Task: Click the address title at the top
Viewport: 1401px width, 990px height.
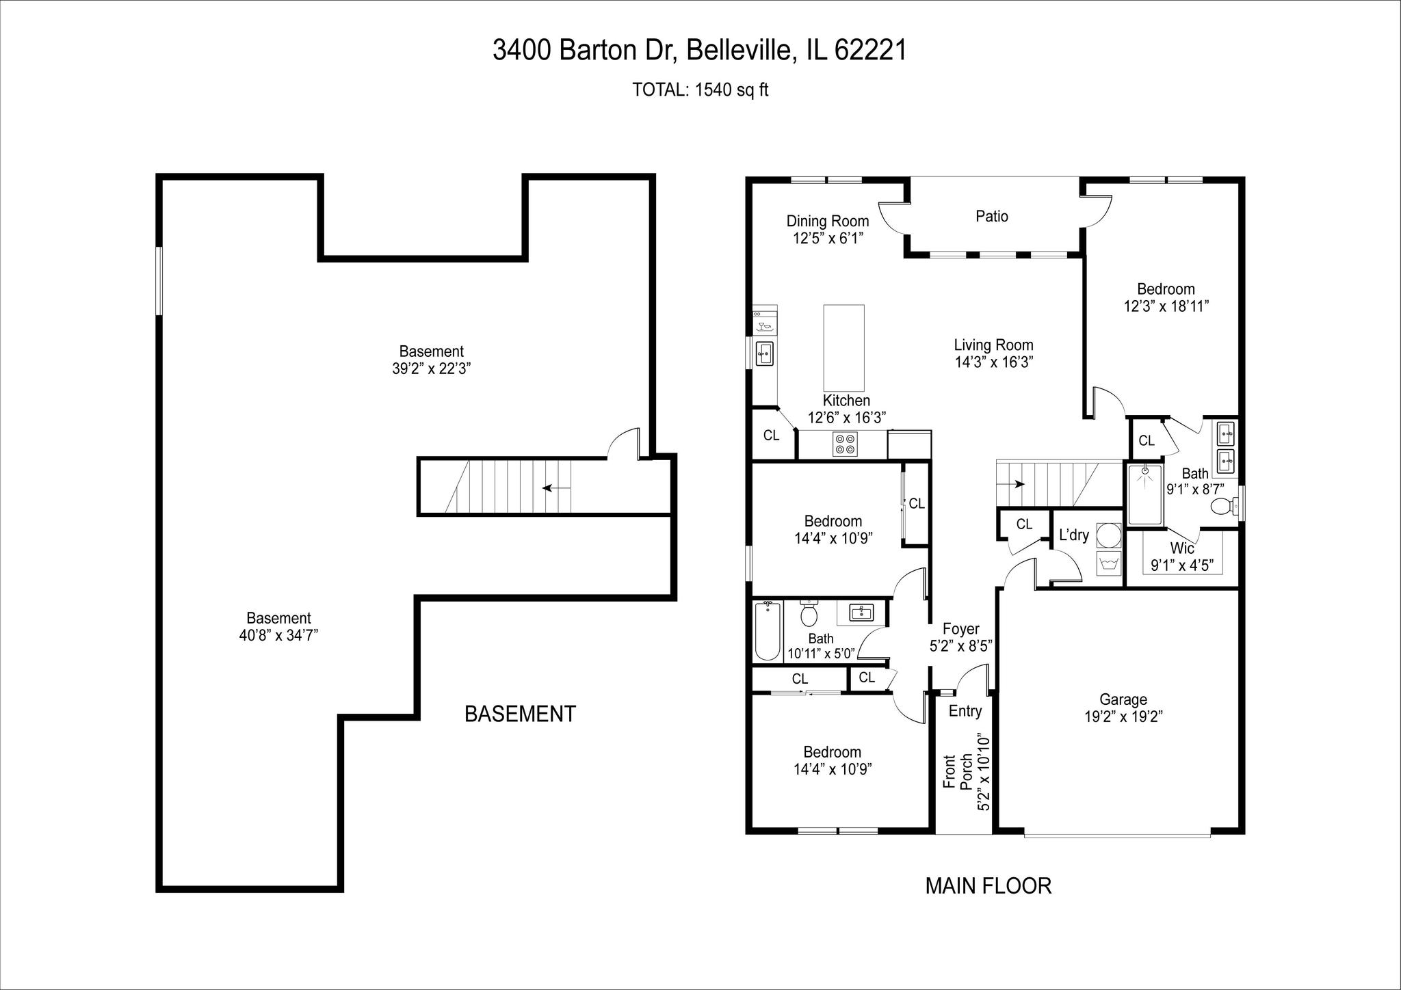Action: (699, 50)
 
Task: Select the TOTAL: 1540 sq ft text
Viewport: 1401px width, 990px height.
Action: (700, 90)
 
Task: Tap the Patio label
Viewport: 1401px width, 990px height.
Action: (992, 216)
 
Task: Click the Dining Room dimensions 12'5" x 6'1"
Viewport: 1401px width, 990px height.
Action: (828, 239)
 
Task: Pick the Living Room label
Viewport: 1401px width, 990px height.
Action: (993, 345)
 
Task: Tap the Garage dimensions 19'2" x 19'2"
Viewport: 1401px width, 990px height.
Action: (1123, 716)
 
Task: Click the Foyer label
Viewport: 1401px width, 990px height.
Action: (960, 629)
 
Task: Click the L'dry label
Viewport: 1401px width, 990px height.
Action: (1073, 535)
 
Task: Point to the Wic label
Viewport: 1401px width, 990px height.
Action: (1182, 548)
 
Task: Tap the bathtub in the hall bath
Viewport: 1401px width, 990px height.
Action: (768, 631)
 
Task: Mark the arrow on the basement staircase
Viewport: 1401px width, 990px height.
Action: (557, 488)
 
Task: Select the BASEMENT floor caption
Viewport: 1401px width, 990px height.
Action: (520, 714)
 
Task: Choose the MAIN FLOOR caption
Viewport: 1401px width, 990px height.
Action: (988, 886)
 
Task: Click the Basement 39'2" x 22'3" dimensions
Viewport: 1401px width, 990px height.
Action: (431, 369)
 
